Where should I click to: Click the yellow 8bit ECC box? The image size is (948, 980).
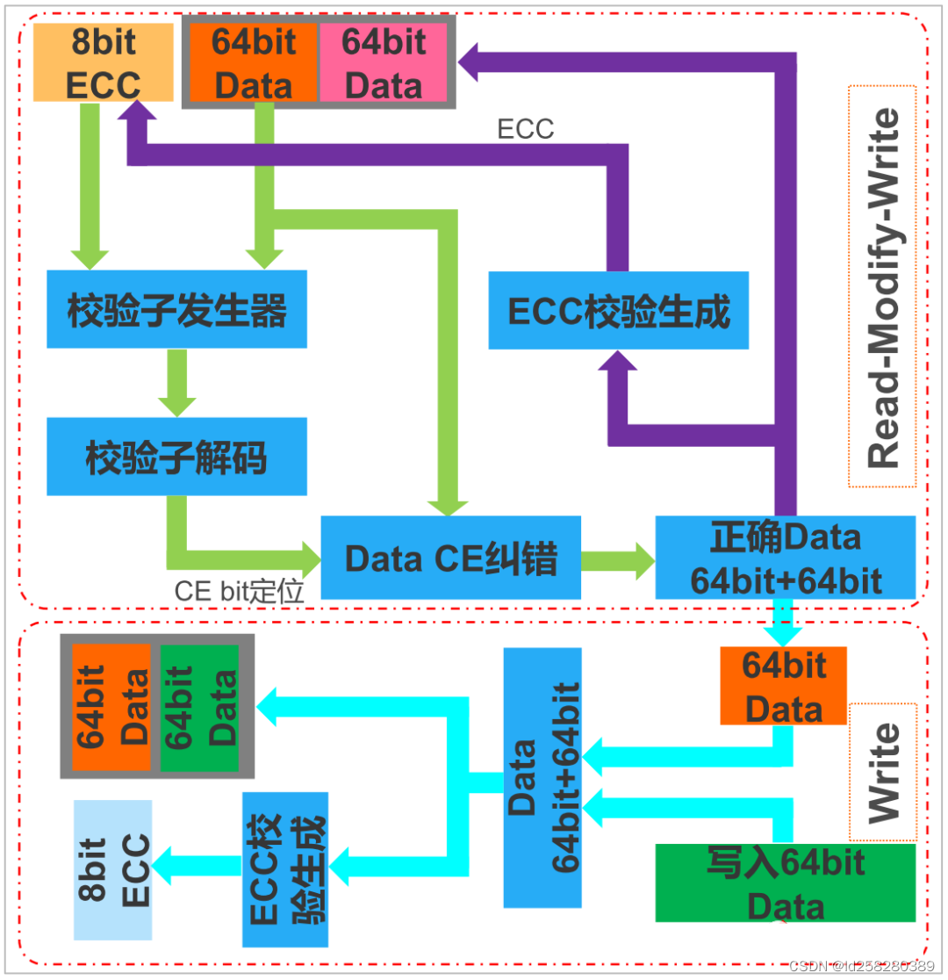coord(103,63)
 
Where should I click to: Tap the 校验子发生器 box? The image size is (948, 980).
coord(176,309)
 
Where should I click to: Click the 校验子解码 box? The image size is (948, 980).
coord(176,457)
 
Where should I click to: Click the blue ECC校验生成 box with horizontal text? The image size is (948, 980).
coord(618,310)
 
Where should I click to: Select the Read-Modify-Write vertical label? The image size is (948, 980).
coord(882,286)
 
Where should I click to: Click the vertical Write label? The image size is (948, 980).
coord(882,772)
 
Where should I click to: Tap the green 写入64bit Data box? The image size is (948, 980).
coord(786,883)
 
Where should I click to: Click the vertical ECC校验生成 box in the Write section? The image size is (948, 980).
coord(285,869)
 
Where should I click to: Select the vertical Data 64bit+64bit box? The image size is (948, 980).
coord(542,777)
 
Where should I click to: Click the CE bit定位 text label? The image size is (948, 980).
coord(239,591)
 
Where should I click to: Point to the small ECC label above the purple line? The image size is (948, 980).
coord(526,129)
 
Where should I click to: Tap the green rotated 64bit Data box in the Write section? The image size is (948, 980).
coord(199,706)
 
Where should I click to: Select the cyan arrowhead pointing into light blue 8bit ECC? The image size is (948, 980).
coord(165,865)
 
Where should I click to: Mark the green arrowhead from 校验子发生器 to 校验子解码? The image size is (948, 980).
coord(176,405)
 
